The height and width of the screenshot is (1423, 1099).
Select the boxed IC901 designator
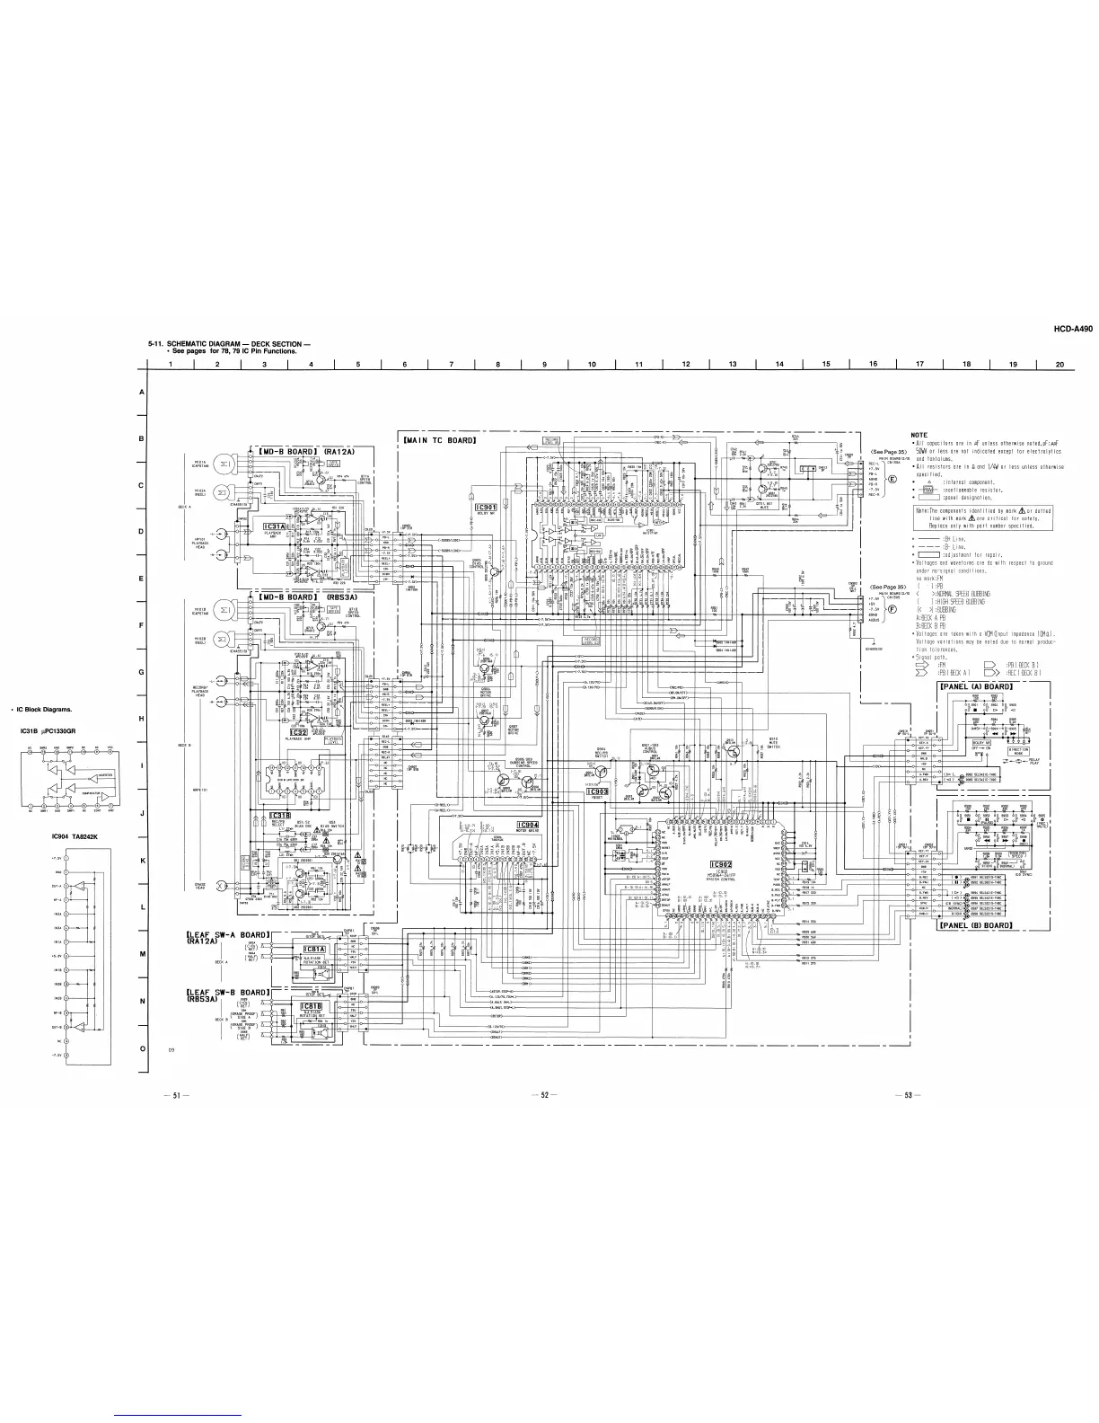[486, 507]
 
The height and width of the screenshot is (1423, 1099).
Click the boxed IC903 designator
[597, 791]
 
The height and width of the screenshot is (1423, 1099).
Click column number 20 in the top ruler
[1059, 364]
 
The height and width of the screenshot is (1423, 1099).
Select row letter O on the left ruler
[143, 1048]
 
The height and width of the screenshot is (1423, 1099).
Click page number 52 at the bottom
[544, 1094]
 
